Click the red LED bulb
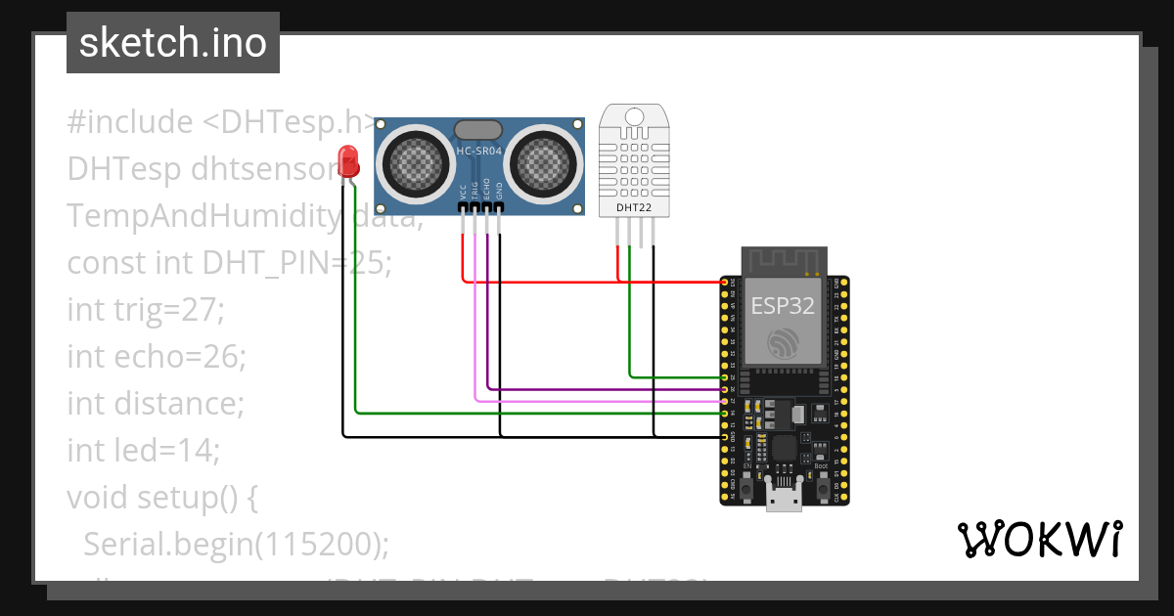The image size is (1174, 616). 346,159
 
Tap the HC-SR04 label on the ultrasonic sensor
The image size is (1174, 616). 479,151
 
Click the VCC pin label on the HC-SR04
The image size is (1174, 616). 463,193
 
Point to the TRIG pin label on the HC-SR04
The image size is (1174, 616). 474,192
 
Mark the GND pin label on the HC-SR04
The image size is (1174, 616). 499,192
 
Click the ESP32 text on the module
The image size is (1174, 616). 782,305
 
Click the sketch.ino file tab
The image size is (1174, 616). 173,43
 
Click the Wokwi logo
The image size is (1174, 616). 1039,539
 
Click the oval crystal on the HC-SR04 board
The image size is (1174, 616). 479,129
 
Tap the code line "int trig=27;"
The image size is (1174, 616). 146,310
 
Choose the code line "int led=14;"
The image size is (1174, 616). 143,451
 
